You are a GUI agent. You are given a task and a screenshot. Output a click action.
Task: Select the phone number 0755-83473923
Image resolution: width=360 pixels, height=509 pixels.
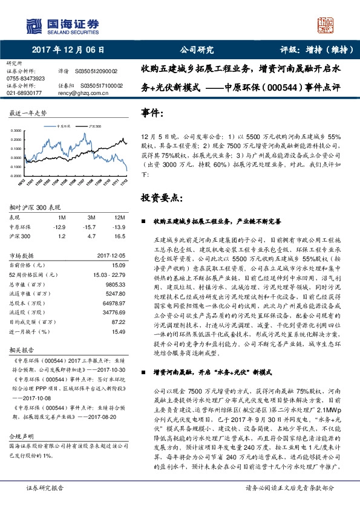point(25,79)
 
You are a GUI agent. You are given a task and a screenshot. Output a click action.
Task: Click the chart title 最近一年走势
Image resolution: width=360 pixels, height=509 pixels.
point(28,113)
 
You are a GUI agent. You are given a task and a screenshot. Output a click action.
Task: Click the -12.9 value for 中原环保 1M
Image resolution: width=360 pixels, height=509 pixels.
point(59,226)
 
